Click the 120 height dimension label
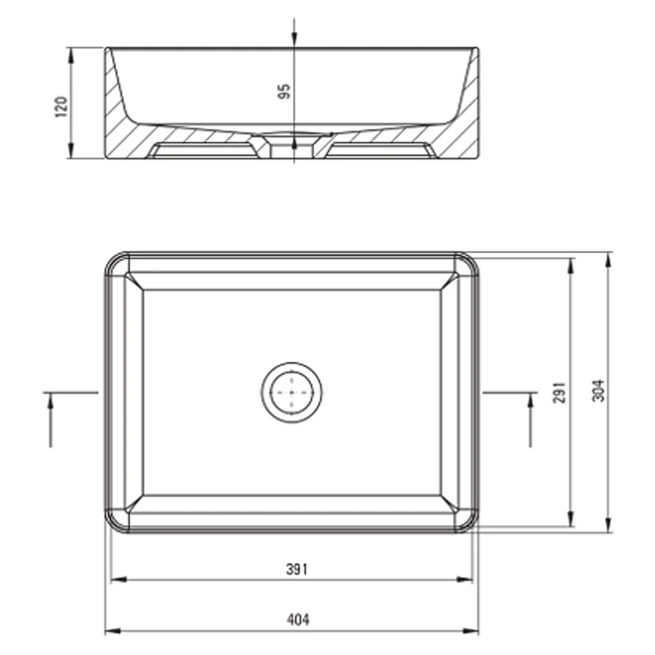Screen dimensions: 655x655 [61, 107]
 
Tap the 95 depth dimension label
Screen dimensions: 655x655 [284, 92]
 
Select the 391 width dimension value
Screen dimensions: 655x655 [297, 569]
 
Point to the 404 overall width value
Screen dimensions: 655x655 [298, 620]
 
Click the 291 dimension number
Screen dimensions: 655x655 [559, 392]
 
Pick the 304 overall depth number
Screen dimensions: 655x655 [598, 390]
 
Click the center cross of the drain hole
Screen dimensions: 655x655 [291, 392]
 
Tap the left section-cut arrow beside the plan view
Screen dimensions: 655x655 [50, 420]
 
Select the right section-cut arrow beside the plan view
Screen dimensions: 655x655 [531, 420]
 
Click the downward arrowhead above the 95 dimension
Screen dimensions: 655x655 [295, 38]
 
